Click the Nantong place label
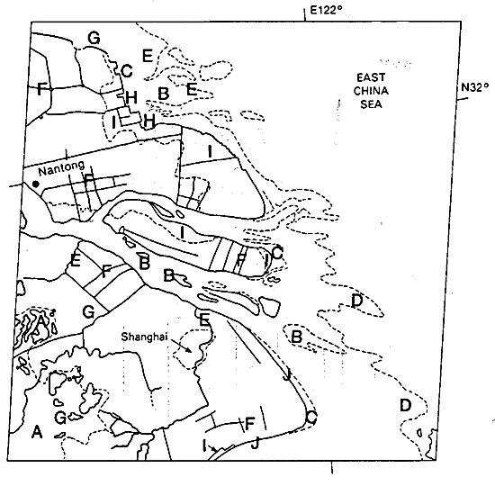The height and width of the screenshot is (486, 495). pyautogui.click(x=62, y=167)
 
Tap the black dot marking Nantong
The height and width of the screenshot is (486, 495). pyautogui.click(x=36, y=184)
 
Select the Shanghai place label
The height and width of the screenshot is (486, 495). pyautogui.click(x=144, y=337)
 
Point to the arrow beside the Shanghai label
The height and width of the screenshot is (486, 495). pyautogui.click(x=181, y=346)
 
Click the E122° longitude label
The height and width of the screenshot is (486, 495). pyautogui.click(x=327, y=10)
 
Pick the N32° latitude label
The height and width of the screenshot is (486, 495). pyautogui.click(x=475, y=86)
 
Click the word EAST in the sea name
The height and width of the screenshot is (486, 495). pyautogui.click(x=371, y=77)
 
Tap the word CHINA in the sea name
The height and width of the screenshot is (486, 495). pyautogui.click(x=371, y=91)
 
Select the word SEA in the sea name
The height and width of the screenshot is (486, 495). pyautogui.click(x=371, y=104)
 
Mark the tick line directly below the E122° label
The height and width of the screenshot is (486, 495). pyautogui.click(x=304, y=14)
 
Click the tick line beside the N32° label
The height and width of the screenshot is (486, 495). pyautogui.click(x=463, y=98)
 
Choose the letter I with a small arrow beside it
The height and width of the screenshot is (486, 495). pyautogui.click(x=204, y=445)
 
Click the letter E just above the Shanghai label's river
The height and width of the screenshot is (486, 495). pyautogui.click(x=204, y=319)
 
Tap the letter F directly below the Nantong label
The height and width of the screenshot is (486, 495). pyautogui.click(x=89, y=182)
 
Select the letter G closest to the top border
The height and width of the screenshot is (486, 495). pyautogui.click(x=94, y=38)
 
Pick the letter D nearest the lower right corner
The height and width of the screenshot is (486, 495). pyautogui.click(x=406, y=405)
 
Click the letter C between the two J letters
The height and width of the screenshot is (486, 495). pyautogui.click(x=311, y=418)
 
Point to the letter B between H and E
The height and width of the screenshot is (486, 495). pyautogui.click(x=163, y=94)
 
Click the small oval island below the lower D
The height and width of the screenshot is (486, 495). pyautogui.click(x=419, y=432)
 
